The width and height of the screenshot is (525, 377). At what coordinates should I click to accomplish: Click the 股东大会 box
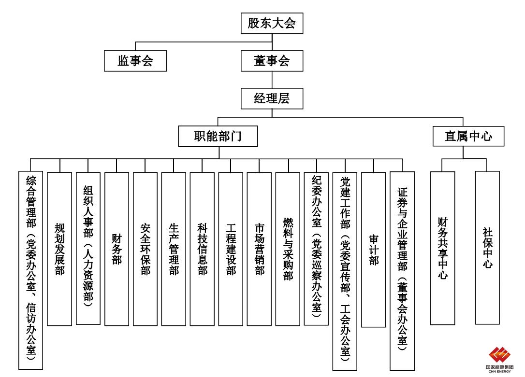click(x=272, y=23)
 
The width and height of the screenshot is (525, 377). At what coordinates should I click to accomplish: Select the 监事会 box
click(x=135, y=61)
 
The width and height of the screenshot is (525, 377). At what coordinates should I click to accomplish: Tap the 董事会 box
click(x=272, y=61)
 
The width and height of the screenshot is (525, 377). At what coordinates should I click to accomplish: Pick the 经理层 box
click(x=272, y=99)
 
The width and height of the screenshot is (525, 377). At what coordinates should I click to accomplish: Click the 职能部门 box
click(x=218, y=136)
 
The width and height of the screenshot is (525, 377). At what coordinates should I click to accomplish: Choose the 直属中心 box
click(x=468, y=136)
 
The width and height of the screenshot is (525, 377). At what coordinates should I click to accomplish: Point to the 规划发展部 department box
click(x=59, y=249)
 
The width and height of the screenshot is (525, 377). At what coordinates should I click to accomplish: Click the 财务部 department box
click(x=117, y=249)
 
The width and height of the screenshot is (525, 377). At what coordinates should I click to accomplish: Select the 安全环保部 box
click(x=145, y=249)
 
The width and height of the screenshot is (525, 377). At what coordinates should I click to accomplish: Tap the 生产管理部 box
click(x=174, y=249)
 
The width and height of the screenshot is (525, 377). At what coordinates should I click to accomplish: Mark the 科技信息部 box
click(x=202, y=249)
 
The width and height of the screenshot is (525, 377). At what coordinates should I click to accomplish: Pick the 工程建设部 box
click(x=231, y=249)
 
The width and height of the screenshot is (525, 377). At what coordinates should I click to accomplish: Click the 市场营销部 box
click(x=259, y=249)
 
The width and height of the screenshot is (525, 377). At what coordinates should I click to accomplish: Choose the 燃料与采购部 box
click(x=288, y=249)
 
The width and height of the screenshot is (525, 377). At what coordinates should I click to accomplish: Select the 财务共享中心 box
click(x=442, y=248)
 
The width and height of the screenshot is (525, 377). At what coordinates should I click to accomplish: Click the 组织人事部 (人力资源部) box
click(x=88, y=249)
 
